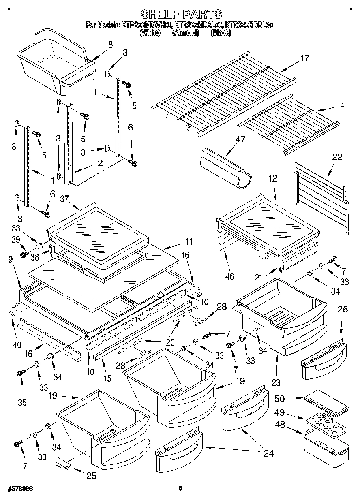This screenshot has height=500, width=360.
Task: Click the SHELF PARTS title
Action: coord(180,14)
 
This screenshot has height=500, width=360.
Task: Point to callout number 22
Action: coord(337,157)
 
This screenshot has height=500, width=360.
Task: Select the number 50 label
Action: coord(280,398)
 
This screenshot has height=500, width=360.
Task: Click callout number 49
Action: coord(280,413)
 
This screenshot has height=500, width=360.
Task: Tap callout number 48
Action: coord(280,425)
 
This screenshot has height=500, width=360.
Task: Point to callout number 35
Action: coord(22,402)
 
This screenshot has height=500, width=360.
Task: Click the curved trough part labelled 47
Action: coord(225,168)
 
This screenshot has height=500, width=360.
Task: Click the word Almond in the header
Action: coord(185,33)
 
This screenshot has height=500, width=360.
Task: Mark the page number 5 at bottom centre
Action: coord(181,489)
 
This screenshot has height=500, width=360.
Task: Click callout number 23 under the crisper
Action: coord(276,382)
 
